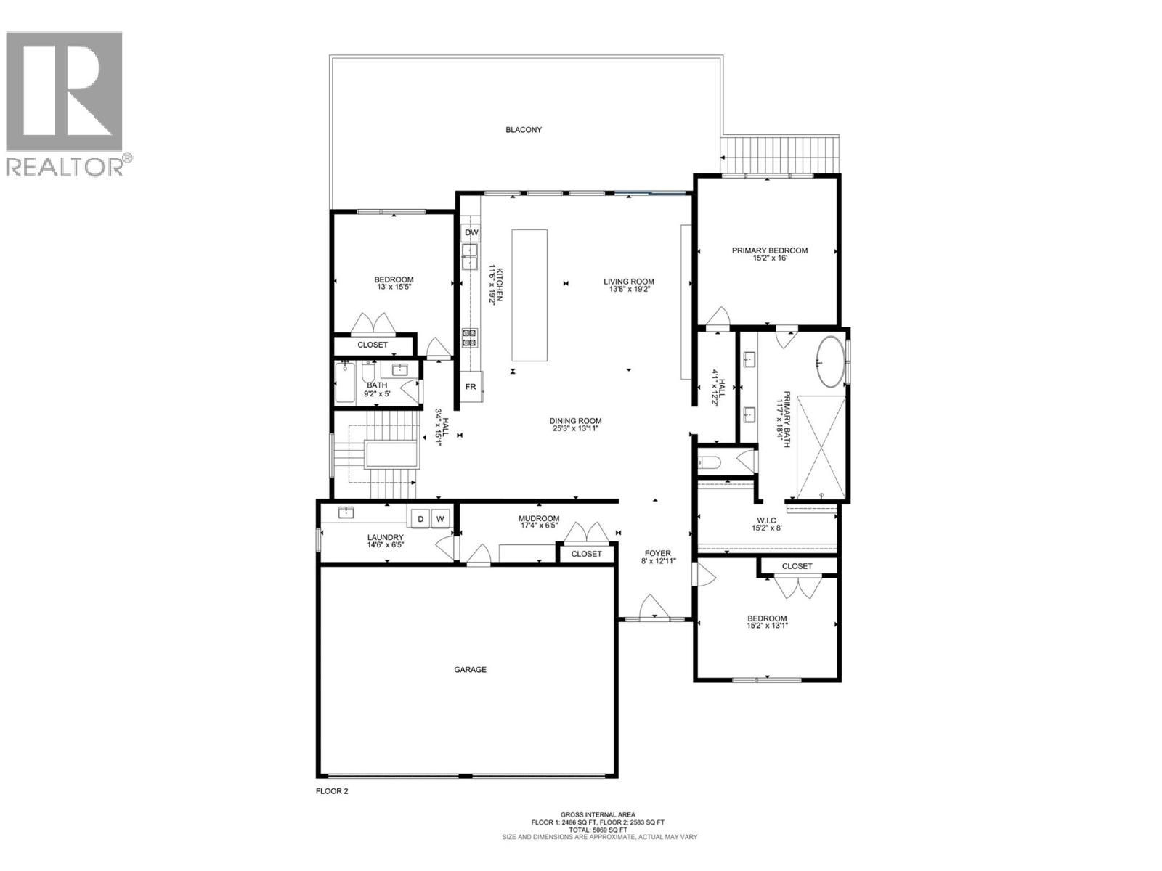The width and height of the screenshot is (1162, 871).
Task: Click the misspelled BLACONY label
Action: [x=524, y=130]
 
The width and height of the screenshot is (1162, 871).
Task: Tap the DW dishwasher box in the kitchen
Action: [x=471, y=233]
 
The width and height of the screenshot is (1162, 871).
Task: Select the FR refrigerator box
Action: [x=471, y=387]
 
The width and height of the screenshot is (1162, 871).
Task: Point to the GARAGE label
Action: [x=470, y=670]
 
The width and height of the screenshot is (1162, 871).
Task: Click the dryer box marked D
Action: [x=420, y=519]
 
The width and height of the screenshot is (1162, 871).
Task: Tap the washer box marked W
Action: [x=440, y=519]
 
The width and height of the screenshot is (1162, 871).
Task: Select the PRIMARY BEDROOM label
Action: [x=769, y=250]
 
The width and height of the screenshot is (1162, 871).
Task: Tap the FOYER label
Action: [x=657, y=552]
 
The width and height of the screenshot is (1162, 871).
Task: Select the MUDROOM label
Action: [x=538, y=518]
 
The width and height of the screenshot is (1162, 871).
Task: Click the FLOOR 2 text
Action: [x=332, y=791]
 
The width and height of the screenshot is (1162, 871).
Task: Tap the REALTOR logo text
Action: [x=65, y=166]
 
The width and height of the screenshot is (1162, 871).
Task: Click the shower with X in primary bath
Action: [x=821, y=448]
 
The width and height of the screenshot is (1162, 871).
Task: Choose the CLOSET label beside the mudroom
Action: [x=586, y=554]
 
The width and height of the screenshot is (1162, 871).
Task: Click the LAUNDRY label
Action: [x=385, y=538]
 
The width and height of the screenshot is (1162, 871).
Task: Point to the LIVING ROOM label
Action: [x=629, y=282]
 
